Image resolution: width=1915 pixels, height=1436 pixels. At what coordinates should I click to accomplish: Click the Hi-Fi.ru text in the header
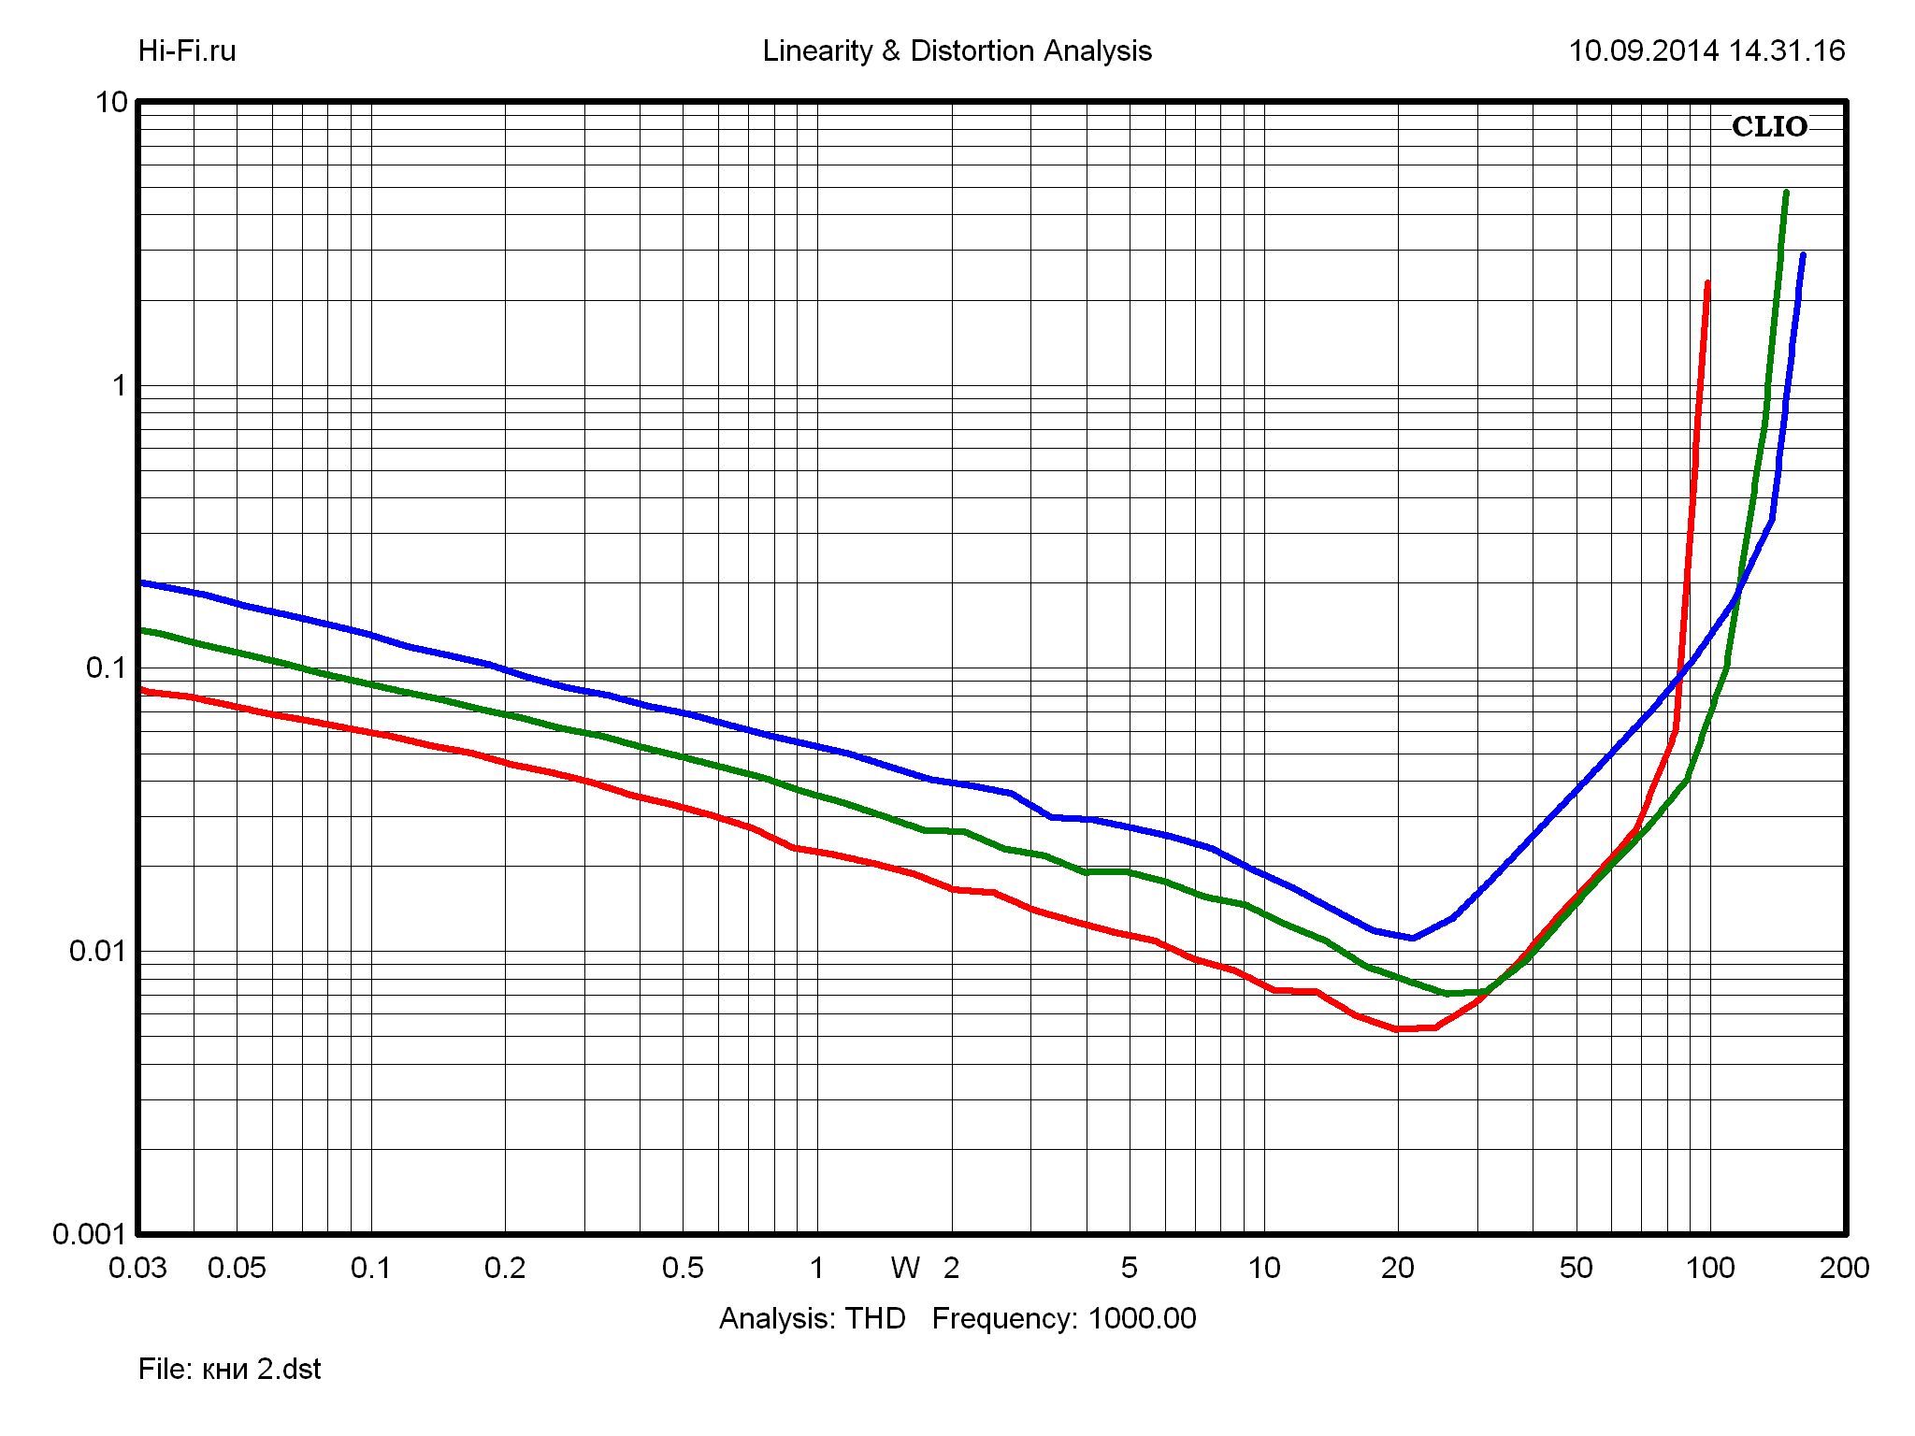[x=187, y=50]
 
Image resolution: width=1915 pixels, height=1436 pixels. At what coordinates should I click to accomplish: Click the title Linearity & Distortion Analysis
[x=957, y=50]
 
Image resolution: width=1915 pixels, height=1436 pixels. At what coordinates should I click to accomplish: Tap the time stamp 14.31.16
[x=1787, y=50]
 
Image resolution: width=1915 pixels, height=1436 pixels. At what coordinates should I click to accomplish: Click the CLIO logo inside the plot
[x=1769, y=127]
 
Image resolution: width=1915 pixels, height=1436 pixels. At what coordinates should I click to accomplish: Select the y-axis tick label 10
[x=111, y=102]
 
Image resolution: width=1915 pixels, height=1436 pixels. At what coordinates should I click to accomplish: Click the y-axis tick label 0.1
[x=106, y=668]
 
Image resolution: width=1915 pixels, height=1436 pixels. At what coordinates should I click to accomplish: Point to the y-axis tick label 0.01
[x=97, y=951]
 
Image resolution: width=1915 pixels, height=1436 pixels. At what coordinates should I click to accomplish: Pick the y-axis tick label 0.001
[x=89, y=1234]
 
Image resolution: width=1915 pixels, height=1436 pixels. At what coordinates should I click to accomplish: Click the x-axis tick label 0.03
[x=137, y=1269]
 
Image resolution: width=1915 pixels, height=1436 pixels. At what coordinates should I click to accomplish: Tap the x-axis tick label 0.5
[x=683, y=1269]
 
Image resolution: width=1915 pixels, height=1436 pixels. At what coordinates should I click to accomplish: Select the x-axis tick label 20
[x=1398, y=1269]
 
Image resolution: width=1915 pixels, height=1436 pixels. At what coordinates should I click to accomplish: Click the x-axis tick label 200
[x=1845, y=1269]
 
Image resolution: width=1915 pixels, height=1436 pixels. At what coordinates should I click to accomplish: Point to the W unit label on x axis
[x=905, y=1269]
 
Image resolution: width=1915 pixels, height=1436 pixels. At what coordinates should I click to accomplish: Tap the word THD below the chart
[x=875, y=1318]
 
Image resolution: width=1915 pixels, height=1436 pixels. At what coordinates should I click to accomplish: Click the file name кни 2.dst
[x=261, y=1370]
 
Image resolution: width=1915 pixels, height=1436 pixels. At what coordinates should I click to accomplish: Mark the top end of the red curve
[x=1707, y=282]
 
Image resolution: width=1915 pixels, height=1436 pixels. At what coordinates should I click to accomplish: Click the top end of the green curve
[x=1786, y=193]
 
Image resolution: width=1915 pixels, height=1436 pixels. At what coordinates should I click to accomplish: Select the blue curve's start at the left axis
[x=140, y=582]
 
